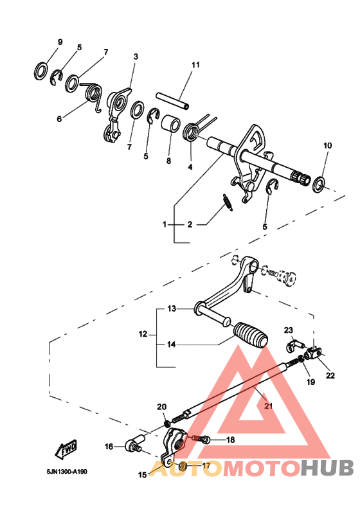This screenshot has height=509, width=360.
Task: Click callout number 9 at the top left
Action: (60, 42)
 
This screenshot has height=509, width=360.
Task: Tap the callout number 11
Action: (195, 65)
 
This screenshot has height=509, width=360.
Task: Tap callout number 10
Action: (327, 146)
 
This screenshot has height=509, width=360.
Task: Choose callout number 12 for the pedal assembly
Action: (143, 334)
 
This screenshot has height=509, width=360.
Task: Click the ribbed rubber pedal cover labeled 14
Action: (251, 335)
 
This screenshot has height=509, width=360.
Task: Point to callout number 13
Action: (172, 309)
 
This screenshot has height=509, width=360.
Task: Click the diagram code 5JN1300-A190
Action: (67, 471)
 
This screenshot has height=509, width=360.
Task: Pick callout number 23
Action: (289, 329)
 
